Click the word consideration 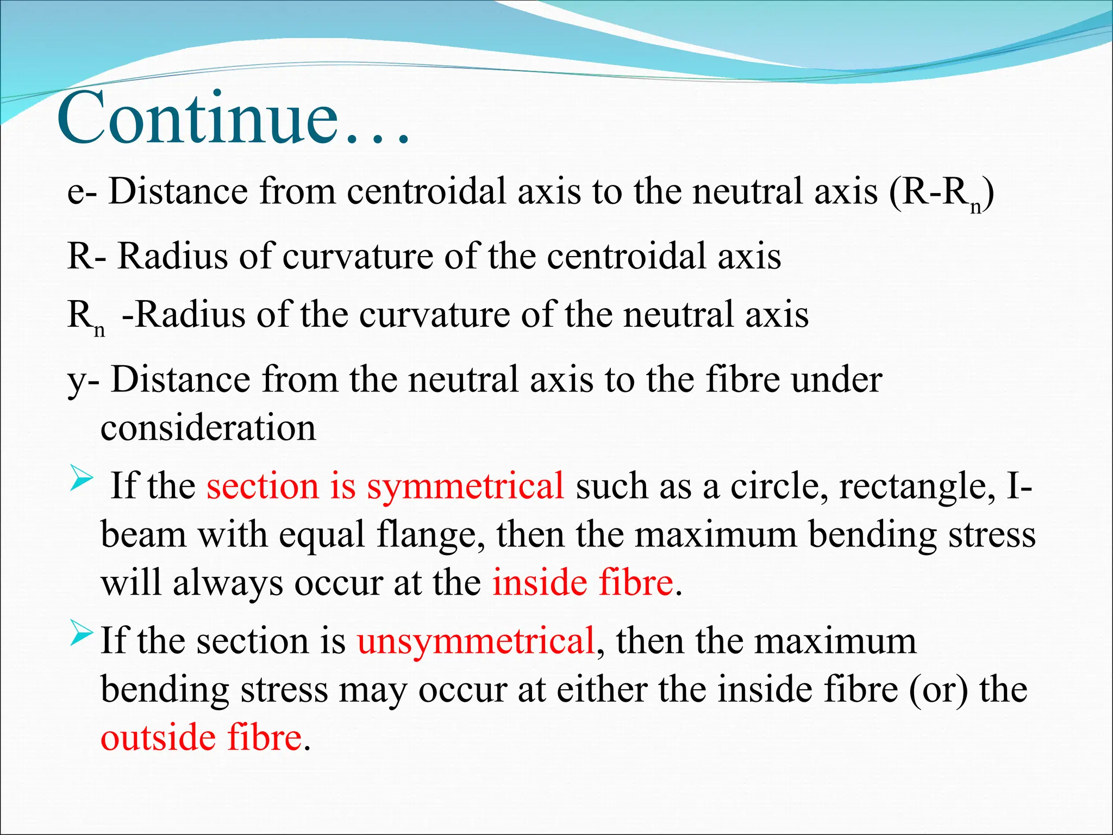(208, 428)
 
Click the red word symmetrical (465, 487)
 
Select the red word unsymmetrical (476, 641)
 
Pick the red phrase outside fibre (201, 738)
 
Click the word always (228, 584)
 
